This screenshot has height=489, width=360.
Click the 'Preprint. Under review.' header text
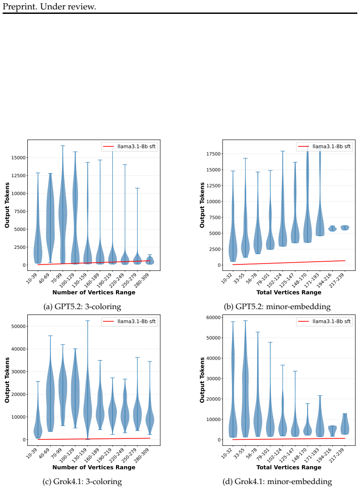tap(49, 6)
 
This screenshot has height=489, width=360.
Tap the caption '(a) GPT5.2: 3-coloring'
tap(82, 306)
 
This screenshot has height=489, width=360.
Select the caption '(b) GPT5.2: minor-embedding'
tap(277, 306)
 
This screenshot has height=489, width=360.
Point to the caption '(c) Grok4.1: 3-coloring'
tap(82, 481)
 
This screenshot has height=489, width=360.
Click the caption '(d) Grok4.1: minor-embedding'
tap(277, 481)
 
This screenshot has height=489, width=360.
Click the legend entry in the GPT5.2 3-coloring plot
tap(129, 147)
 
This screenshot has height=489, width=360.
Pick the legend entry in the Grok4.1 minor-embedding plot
tap(325, 322)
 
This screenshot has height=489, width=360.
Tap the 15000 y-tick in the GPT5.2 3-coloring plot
tap(18, 158)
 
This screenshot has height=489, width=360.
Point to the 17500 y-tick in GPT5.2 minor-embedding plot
tap(213, 154)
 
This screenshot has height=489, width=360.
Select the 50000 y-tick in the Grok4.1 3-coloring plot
tap(18, 327)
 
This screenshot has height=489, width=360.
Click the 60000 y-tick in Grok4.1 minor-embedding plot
tap(213, 318)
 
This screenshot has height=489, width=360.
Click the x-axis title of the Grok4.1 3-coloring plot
tap(94, 467)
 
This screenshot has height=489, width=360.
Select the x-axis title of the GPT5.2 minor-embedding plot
tap(289, 292)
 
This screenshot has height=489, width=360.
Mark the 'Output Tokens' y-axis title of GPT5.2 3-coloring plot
tap(7, 205)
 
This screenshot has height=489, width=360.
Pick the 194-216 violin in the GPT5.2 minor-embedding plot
tap(333, 228)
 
